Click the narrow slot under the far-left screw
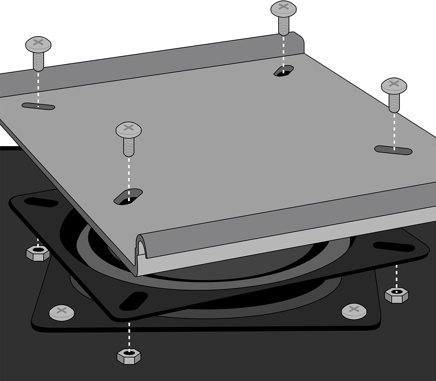tap(38, 106)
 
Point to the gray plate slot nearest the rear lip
tap(283, 71)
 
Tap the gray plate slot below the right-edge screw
tap(393, 150)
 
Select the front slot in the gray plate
tap(128, 196)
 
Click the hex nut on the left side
tap(38, 253)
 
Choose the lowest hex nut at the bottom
tap(129, 355)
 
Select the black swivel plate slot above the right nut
tap(394, 247)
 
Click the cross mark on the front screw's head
tap(128, 127)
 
